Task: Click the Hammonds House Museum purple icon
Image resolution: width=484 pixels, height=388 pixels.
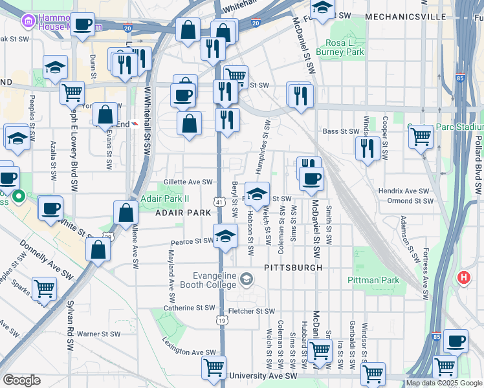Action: [x=28, y=22]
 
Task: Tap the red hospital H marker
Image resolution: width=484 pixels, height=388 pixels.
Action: [x=463, y=278]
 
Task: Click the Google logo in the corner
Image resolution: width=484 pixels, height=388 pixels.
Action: [x=21, y=380]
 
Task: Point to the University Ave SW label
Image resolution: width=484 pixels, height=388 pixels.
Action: [x=263, y=376]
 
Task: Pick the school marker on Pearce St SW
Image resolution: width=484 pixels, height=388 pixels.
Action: [x=225, y=236]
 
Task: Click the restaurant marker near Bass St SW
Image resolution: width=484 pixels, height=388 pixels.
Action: [x=367, y=148]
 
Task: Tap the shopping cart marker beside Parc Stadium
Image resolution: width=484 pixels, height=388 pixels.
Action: [x=421, y=136]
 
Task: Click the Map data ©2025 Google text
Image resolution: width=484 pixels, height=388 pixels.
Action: [x=444, y=383]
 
